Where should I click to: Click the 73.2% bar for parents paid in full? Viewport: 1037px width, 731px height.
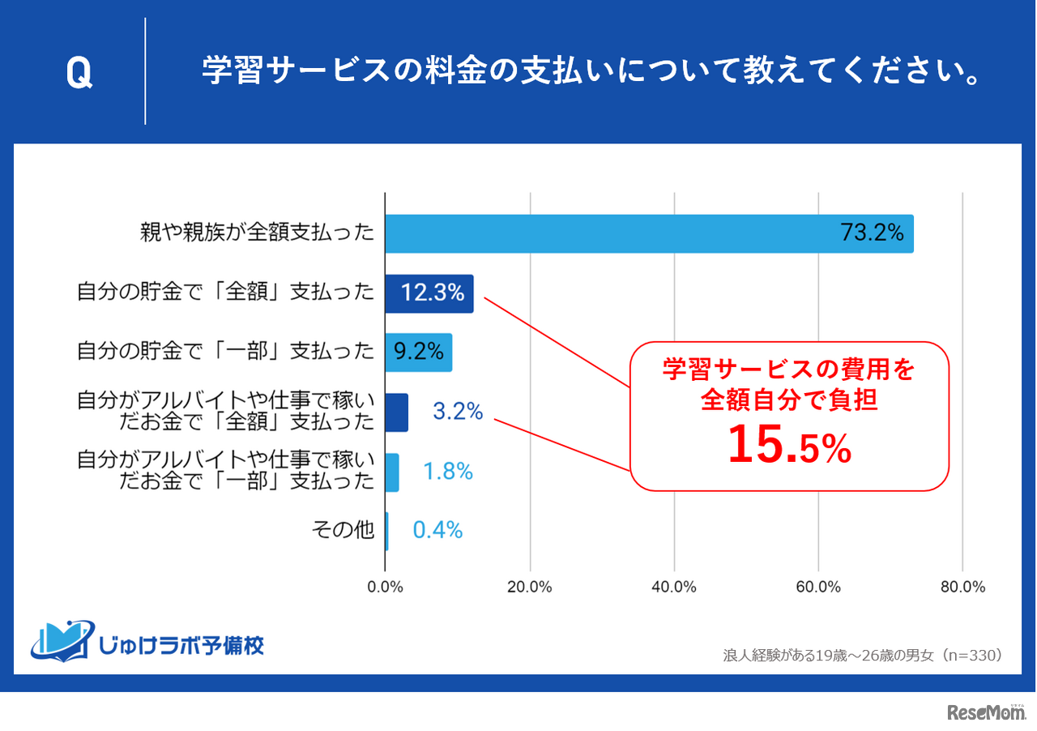coord(648,233)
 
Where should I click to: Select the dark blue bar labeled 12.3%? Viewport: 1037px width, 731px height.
coord(429,293)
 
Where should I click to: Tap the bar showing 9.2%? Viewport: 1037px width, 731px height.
coord(418,352)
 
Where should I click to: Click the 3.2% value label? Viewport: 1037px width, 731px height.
coord(458,412)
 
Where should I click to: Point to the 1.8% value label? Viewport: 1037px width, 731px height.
coord(448,471)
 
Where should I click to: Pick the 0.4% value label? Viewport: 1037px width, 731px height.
coord(437,530)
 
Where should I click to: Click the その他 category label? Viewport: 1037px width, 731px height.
coord(343,530)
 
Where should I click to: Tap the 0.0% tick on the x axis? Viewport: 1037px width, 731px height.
coord(386,587)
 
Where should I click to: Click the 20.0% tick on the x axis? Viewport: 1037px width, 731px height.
coord(530,587)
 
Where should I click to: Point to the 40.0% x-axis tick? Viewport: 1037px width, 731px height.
coord(674,587)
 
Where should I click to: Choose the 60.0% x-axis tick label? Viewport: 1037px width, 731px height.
coord(818,587)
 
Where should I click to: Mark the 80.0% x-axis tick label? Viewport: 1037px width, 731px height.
coord(962,587)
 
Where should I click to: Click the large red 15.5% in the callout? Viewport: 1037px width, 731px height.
coord(789,447)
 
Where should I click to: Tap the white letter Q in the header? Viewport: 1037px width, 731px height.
coord(79,74)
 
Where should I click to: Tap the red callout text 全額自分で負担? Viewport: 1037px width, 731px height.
coord(789,399)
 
